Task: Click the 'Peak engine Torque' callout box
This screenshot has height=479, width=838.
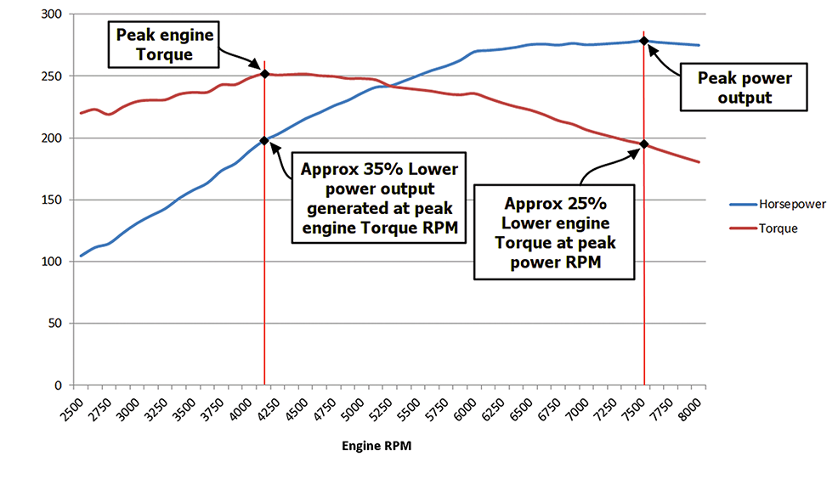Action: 161,45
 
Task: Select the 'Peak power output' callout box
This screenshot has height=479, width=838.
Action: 744,87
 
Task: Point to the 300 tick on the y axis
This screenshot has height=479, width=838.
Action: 53,14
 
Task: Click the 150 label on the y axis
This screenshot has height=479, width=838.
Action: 53,200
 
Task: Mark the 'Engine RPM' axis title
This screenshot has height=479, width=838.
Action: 377,446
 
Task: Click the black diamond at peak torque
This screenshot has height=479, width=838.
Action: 264,74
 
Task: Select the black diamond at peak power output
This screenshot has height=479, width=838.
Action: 643,40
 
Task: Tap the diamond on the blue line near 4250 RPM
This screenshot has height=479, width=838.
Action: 264,140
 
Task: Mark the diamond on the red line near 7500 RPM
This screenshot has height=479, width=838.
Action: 643,144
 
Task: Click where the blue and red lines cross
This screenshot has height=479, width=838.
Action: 385,86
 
